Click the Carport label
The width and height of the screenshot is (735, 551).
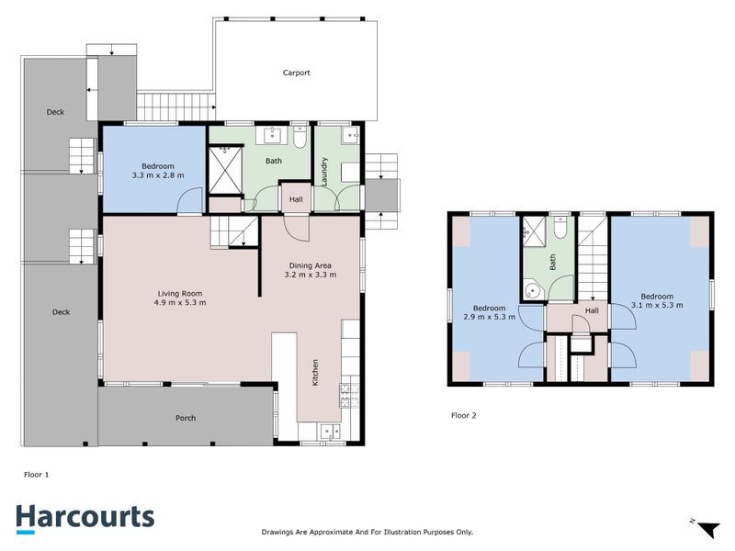pos(296,73)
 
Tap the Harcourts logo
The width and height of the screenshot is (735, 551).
pos(85,517)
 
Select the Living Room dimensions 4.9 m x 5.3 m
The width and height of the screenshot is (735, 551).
pos(180,302)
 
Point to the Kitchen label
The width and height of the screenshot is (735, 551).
pos(316,371)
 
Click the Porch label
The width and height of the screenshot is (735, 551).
pos(186,418)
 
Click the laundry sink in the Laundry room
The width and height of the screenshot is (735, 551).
pos(349,137)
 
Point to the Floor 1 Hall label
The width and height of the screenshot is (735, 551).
pos(296,198)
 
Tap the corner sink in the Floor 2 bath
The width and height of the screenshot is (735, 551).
pos(531,291)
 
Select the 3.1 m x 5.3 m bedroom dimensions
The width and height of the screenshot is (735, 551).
pos(657,306)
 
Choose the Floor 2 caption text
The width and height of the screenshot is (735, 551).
pos(465,415)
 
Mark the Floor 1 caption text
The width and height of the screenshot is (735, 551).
pos(36,475)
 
